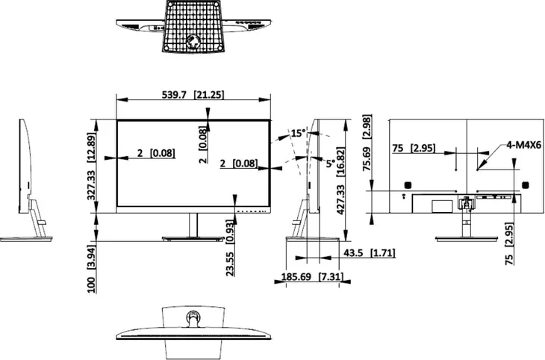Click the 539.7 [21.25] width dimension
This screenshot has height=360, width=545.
(x=193, y=95)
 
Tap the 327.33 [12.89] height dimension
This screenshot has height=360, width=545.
(x=91, y=167)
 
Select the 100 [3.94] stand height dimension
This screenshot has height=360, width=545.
(x=91, y=269)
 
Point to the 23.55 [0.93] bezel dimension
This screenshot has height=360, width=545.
(x=230, y=248)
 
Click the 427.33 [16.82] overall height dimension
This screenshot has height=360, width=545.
(x=340, y=181)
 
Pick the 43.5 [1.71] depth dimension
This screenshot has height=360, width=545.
(x=370, y=253)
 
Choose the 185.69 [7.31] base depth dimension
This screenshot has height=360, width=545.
(x=312, y=277)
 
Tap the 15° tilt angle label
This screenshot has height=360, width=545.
(x=299, y=133)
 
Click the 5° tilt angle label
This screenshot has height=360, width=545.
(x=331, y=163)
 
